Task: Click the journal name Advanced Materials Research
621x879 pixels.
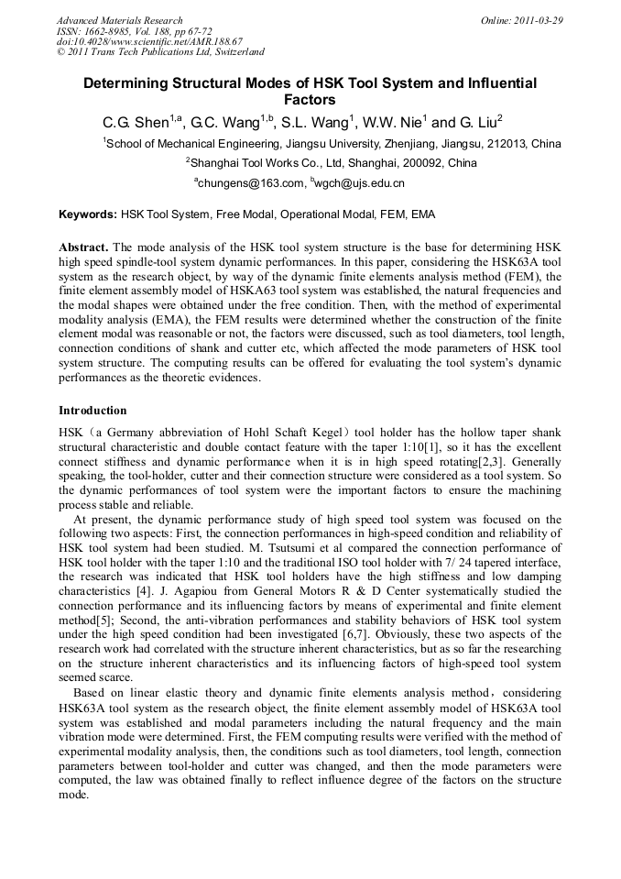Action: click(x=119, y=20)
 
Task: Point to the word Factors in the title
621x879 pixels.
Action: click(x=310, y=100)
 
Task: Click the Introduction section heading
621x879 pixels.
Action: click(x=93, y=410)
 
